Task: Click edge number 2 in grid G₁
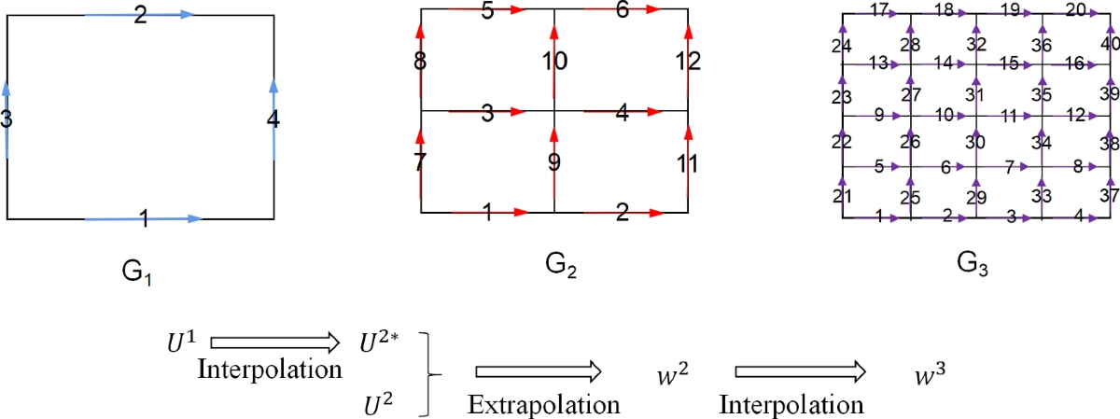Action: (140, 16)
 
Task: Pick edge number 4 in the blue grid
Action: (273, 119)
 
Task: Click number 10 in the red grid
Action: (554, 62)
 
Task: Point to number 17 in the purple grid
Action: (878, 9)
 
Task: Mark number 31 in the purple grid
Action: (975, 93)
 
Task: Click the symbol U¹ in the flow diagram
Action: (180, 341)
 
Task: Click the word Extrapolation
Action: (544, 405)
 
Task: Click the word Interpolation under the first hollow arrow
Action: (270, 369)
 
